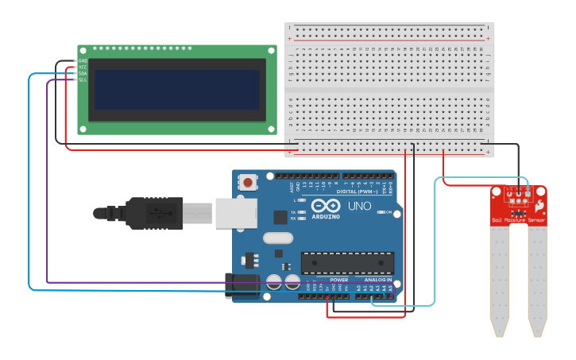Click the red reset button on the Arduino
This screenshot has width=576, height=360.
click(x=249, y=183)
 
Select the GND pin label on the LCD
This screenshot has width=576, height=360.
click(x=83, y=60)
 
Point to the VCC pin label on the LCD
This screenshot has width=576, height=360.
click(x=83, y=67)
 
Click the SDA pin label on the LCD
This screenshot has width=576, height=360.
click(x=83, y=73)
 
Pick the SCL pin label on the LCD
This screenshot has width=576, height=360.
click(x=83, y=79)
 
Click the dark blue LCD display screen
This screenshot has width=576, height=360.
click(x=177, y=89)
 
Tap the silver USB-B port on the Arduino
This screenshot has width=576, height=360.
click(x=236, y=213)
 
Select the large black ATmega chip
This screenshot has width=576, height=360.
click(x=347, y=263)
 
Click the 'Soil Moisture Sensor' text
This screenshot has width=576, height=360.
click(x=518, y=220)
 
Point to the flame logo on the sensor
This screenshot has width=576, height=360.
click(x=539, y=206)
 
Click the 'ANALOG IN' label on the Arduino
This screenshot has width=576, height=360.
click(x=378, y=280)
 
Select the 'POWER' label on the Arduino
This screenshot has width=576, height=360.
click(x=339, y=280)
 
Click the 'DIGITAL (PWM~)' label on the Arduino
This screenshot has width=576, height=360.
click(x=358, y=192)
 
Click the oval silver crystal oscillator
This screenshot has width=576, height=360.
click(x=277, y=237)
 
